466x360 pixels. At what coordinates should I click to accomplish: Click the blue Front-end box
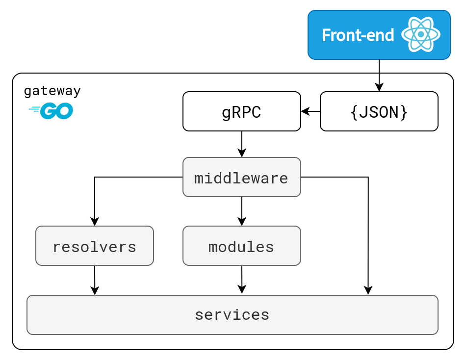pyautogui.click(x=379, y=35)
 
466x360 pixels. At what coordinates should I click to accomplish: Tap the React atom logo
pyautogui.click(x=420, y=34)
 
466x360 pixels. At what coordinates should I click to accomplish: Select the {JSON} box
pyautogui.click(x=379, y=111)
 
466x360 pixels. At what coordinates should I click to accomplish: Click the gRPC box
pyautogui.click(x=242, y=111)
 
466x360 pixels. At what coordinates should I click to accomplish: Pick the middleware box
pyautogui.click(x=242, y=177)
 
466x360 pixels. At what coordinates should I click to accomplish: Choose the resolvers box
pyautogui.click(x=95, y=246)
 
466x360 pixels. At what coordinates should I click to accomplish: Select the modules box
pyautogui.click(x=242, y=246)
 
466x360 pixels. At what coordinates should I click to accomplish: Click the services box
pyautogui.click(x=233, y=315)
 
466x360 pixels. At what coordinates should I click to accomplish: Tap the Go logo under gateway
pyautogui.click(x=51, y=110)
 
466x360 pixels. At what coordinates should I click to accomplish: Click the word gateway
pyautogui.click(x=52, y=91)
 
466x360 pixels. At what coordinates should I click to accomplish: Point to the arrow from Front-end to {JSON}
pyautogui.click(x=379, y=76)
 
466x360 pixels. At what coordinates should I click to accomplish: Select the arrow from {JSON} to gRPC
pyautogui.click(x=311, y=111)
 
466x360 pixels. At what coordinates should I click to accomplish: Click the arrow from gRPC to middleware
pyautogui.click(x=242, y=144)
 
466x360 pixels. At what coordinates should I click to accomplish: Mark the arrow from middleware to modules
pyautogui.click(x=242, y=211)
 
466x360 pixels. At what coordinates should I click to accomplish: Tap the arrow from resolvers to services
pyautogui.click(x=95, y=281)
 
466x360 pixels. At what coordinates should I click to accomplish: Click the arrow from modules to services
pyautogui.click(x=242, y=280)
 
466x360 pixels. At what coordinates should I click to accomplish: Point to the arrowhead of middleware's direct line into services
pyautogui.click(x=368, y=290)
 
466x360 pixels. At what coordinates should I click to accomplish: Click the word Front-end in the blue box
pyautogui.click(x=358, y=35)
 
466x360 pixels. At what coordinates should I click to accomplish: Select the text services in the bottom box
pyautogui.click(x=232, y=315)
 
